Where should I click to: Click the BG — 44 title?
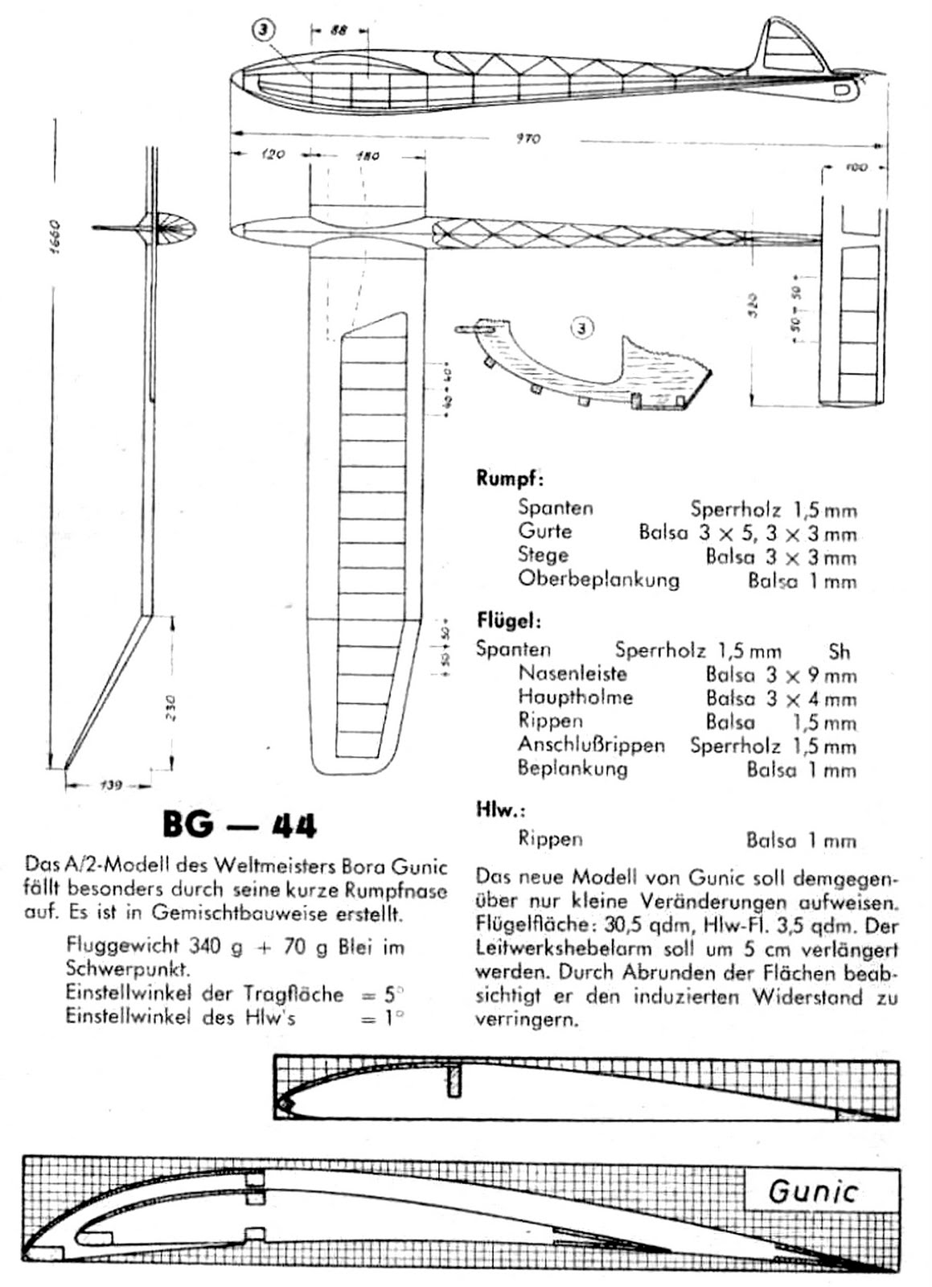point(240,824)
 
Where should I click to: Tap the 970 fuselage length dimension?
point(528,138)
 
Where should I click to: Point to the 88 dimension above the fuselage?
point(339,30)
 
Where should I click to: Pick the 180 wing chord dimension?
point(367,156)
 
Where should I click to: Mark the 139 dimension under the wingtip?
point(110,785)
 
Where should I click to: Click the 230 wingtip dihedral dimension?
point(170,707)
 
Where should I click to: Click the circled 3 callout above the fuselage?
point(264,30)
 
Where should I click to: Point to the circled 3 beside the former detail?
point(582,327)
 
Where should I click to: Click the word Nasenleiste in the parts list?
point(573,673)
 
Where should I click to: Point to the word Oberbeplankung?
point(598,579)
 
